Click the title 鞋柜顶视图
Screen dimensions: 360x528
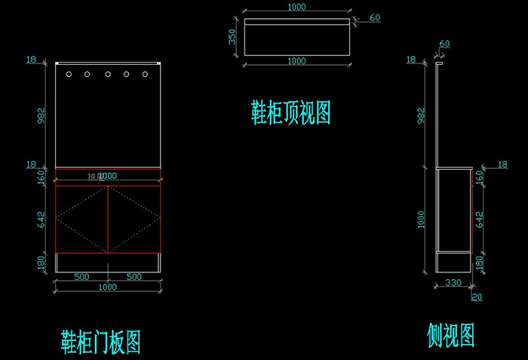pyautogui.click(x=291, y=113)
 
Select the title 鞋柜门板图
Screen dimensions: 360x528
pyautogui.click(x=100, y=342)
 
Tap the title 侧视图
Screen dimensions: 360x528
pyautogui.click(x=450, y=333)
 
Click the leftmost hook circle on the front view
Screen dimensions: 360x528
pyautogui.click(x=69, y=75)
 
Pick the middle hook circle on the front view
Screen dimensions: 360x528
pyautogui.click(x=107, y=75)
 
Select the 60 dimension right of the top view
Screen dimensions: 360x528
pyautogui.click(x=375, y=17)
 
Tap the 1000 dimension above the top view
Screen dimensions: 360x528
pyautogui.click(x=296, y=7)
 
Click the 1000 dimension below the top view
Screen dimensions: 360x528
pyautogui.click(x=296, y=60)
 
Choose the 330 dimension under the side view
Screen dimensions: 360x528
pyautogui.click(x=453, y=283)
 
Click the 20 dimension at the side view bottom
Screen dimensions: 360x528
pyautogui.click(x=476, y=297)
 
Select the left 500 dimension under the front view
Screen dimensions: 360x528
pyautogui.click(x=81, y=277)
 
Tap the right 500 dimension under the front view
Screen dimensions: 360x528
pyautogui.click(x=134, y=277)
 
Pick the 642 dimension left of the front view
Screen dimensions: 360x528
pyautogui.click(x=42, y=219)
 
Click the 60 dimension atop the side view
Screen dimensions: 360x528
pyautogui.click(x=444, y=44)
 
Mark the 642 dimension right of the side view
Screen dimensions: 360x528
pyautogui.click(x=480, y=219)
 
